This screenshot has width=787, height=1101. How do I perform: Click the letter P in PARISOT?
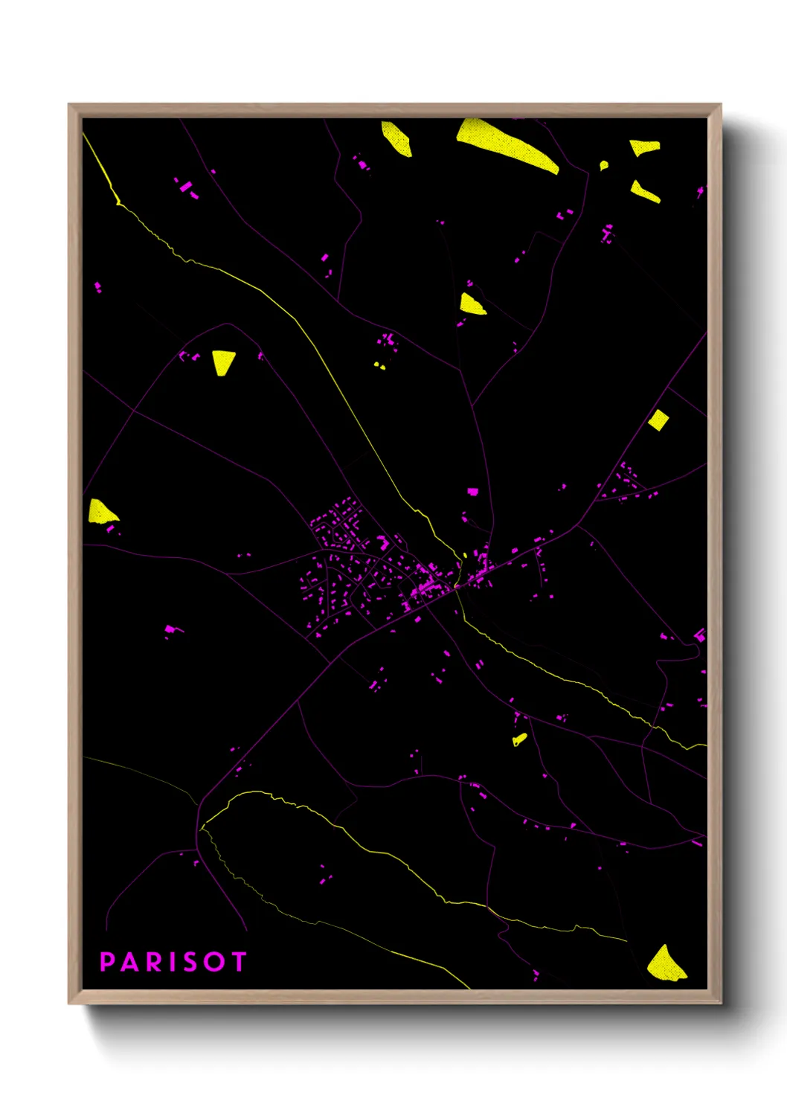[107, 962]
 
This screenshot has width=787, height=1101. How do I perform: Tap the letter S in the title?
[190, 962]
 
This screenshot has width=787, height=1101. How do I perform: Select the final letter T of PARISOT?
[238, 962]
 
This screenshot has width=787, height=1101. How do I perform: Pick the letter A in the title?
[129, 962]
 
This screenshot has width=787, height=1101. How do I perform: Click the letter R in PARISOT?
[152, 962]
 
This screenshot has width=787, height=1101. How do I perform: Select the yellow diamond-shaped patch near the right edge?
[658, 420]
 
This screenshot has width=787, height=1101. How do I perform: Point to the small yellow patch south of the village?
[519, 739]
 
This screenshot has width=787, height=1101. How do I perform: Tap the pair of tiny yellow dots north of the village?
[379, 365]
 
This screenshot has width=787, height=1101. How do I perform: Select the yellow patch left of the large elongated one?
[397, 138]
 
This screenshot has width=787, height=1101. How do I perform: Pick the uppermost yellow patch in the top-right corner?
[645, 147]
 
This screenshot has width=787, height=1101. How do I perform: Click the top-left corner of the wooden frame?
[70, 106]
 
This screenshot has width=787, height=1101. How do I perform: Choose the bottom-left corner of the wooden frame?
[70, 1002]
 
